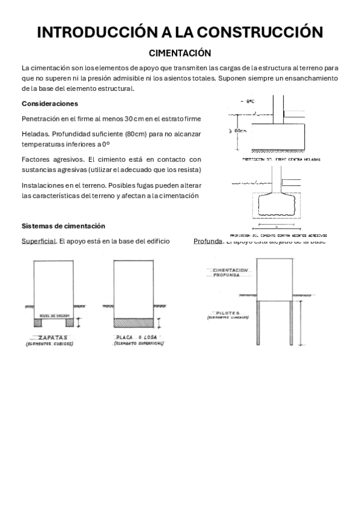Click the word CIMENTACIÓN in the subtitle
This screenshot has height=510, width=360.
[180, 53]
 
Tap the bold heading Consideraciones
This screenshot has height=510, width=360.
[50, 103]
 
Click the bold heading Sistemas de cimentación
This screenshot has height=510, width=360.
[63, 226]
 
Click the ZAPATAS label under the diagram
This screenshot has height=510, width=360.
[50, 337]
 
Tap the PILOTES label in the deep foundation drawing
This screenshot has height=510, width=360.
[227, 313]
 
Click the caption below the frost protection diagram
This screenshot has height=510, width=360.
[281, 160]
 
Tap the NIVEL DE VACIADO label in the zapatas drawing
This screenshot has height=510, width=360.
[52, 315]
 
